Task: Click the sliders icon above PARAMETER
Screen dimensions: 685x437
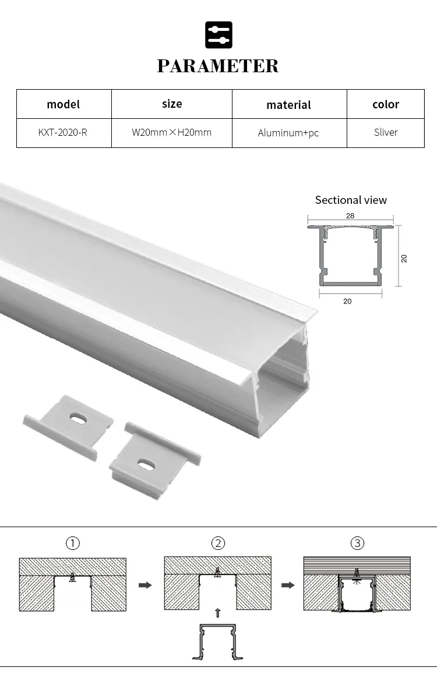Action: coord(218,34)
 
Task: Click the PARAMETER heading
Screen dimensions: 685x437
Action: coord(218,66)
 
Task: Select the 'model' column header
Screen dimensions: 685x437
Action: coord(64,104)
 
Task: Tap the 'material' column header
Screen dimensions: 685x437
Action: coord(288,105)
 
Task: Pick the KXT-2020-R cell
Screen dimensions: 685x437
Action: coord(63,132)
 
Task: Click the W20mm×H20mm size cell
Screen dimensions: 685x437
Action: coord(171,132)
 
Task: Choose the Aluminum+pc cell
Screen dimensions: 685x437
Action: coord(288,133)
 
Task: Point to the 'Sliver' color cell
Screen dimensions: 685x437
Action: coord(386,132)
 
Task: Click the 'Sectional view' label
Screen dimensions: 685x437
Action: coord(351,200)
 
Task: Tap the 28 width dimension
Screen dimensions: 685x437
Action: coord(350,216)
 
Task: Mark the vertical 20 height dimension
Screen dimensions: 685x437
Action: coord(404,258)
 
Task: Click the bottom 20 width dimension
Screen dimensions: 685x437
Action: coord(348,301)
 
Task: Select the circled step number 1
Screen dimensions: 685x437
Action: coord(72,543)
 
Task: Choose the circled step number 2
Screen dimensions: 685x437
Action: coord(218,543)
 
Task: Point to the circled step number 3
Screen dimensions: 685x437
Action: coord(357,543)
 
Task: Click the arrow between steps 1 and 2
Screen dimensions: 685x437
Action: coord(145,585)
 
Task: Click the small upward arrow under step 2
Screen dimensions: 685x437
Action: coord(218,612)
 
